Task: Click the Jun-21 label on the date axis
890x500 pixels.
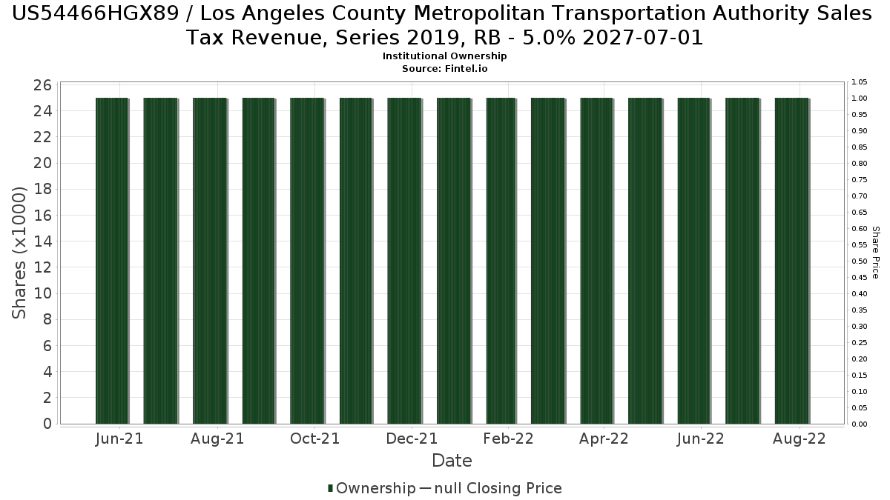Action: pyautogui.click(x=119, y=439)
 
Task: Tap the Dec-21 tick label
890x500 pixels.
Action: pyautogui.click(x=412, y=439)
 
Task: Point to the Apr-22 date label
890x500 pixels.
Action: pyautogui.click(x=604, y=439)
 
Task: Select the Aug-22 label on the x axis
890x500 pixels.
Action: pyautogui.click(x=800, y=439)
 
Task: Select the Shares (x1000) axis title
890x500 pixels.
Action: pyautogui.click(x=20, y=253)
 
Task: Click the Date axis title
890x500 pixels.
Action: pyautogui.click(x=452, y=461)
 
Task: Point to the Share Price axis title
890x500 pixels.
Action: pyautogui.click(x=876, y=253)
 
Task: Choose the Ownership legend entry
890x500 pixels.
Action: pyautogui.click(x=372, y=488)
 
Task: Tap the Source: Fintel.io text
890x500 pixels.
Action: pyautogui.click(x=445, y=68)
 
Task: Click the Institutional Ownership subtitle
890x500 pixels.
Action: pyautogui.click(x=445, y=56)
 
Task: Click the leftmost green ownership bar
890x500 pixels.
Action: pyautogui.click(x=112, y=259)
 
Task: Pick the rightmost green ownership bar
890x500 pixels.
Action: pyautogui.click(x=791, y=259)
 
